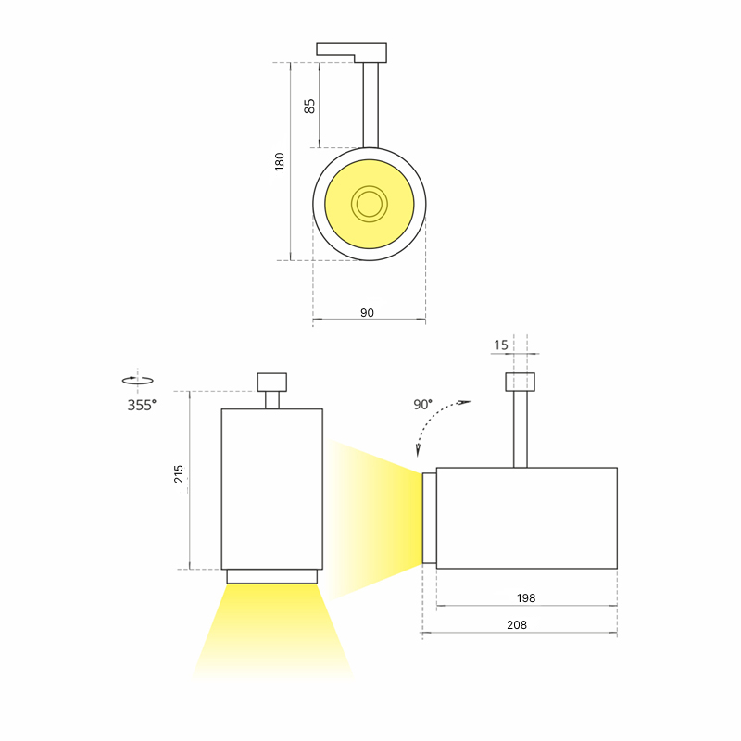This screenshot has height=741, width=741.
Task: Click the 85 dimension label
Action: [x=309, y=106]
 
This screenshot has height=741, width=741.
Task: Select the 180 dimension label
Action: [x=280, y=161]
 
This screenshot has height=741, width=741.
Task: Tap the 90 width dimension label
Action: [x=367, y=313]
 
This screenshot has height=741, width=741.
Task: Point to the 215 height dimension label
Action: [x=179, y=474]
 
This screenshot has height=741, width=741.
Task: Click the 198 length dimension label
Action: [x=526, y=598]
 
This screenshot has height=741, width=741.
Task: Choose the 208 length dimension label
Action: [x=517, y=625]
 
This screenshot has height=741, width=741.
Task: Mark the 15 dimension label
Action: [x=501, y=345]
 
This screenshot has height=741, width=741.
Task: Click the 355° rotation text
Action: [x=142, y=406]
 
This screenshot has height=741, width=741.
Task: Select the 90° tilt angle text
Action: [x=423, y=405]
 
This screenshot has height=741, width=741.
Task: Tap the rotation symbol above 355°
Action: [x=137, y=380]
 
